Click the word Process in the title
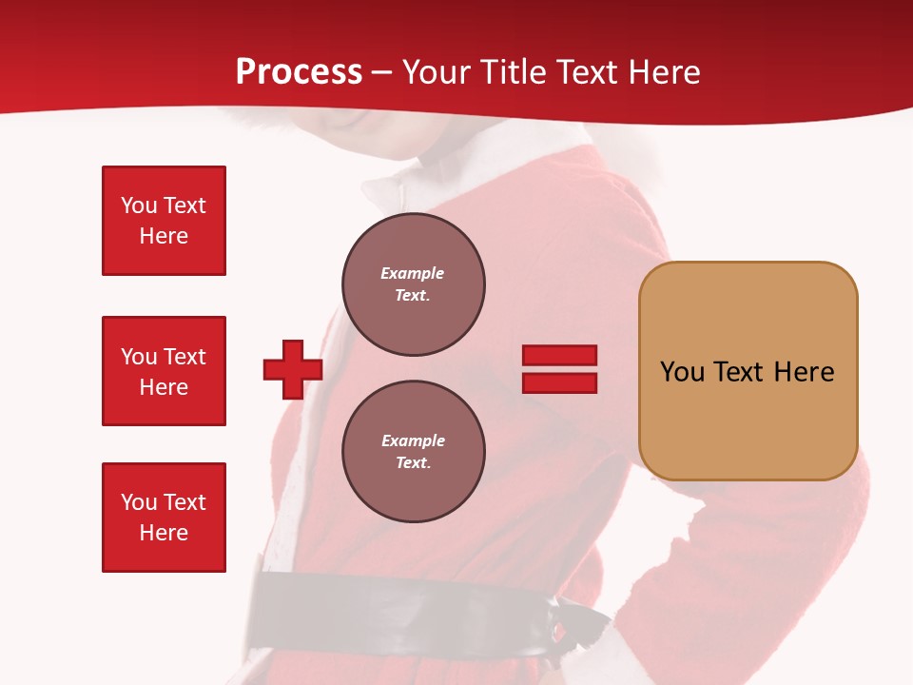299,72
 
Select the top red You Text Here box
164,221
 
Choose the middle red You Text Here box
164,371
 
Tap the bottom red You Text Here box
164,518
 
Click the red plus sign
293,369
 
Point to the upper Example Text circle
414,284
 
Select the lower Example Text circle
414,452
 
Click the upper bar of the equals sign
559,356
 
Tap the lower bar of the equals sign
559,382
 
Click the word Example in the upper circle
412,273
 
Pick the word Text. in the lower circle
413,463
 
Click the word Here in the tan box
804,372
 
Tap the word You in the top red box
138,205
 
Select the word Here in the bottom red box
164,534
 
